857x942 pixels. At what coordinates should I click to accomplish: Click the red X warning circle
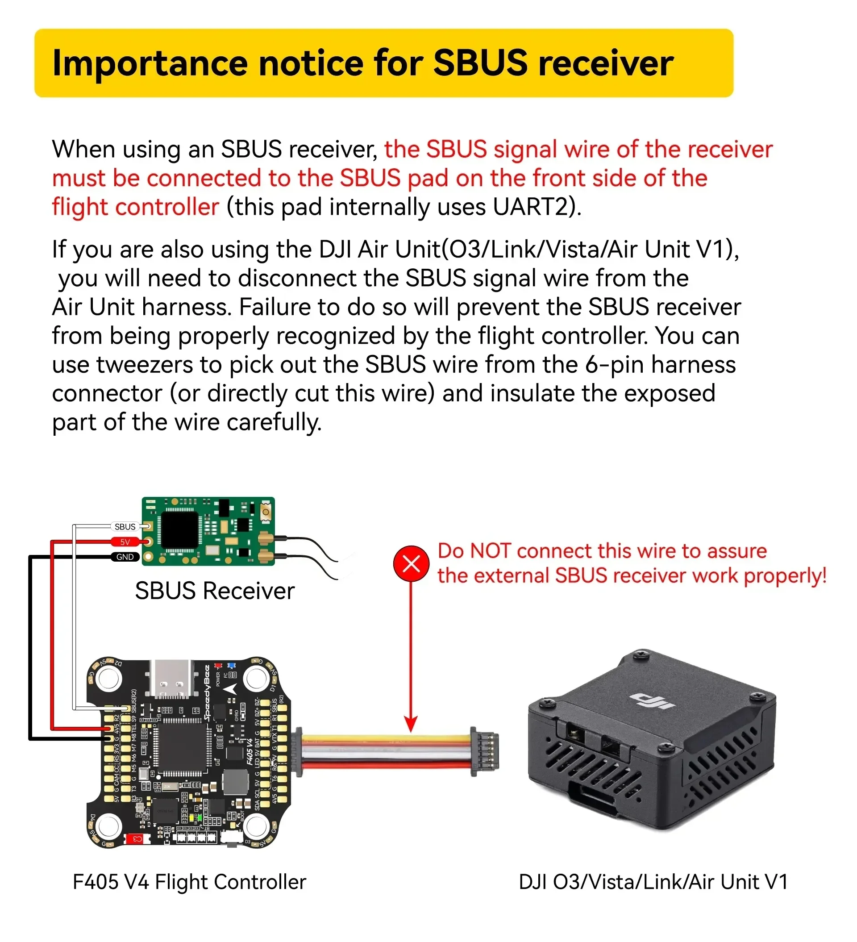click(411, 563)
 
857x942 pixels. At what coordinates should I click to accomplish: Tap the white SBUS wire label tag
click(125, 527)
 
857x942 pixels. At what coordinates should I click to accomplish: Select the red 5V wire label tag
click(125, 542)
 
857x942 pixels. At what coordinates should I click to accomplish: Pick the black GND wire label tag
click(125, 557)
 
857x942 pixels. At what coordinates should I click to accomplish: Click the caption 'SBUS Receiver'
click(215, 591)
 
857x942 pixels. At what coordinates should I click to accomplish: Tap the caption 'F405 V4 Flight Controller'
click(189, 882)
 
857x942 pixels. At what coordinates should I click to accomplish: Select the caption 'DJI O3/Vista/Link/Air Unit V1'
click(653, 882)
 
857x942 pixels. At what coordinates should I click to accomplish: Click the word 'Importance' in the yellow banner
click(150, 63)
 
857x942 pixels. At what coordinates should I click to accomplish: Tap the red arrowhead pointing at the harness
click(411, 724)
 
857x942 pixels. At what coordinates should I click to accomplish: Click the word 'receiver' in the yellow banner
click(606, 63)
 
